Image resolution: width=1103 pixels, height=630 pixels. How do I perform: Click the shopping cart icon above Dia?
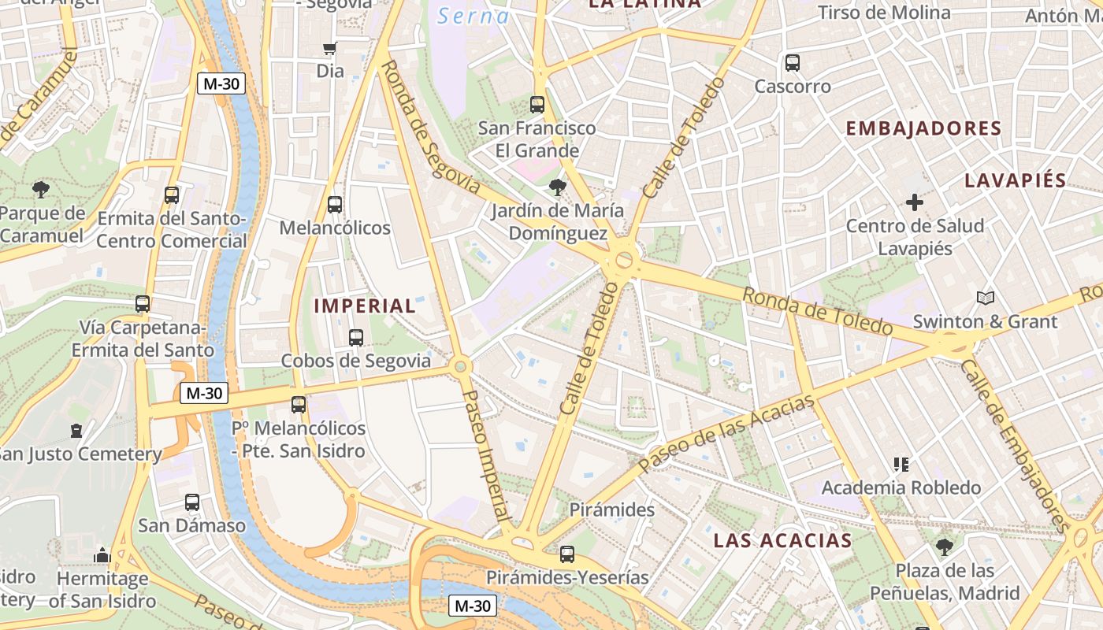click(330, 49)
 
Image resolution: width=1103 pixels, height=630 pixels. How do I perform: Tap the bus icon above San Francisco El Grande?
click(537, 104)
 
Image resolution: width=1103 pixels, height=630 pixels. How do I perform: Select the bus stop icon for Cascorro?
click(793, 63)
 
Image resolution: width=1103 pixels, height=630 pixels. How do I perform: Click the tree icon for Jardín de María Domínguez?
click(558, 187)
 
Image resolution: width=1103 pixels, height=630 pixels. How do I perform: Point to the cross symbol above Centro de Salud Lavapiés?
click(915, 202)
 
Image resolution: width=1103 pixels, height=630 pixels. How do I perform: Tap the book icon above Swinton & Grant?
click(985, 298)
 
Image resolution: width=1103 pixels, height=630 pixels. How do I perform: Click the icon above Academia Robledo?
click(901, 465)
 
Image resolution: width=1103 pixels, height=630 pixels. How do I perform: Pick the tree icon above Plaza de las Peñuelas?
click(944, 547)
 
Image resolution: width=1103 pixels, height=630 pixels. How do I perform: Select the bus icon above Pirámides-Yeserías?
click(567, 554)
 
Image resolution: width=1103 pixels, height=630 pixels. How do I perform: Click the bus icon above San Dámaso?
click(192, 502)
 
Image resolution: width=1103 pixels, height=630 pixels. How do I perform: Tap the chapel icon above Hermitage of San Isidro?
click(102, 555)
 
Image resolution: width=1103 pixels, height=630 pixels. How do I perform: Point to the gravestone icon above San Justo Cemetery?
click(76, 431)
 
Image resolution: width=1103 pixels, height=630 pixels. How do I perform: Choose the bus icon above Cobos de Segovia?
click(356, 338)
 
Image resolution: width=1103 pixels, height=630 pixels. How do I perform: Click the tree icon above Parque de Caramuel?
click(41, 189)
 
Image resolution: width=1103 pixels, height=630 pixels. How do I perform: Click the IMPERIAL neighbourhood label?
click(365, 306)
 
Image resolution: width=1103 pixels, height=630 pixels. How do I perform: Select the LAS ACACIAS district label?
click(782, 540)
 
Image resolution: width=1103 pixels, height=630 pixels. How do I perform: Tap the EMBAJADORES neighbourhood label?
click(923, 128)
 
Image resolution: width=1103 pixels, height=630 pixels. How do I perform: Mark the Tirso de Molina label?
click(884, 13)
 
